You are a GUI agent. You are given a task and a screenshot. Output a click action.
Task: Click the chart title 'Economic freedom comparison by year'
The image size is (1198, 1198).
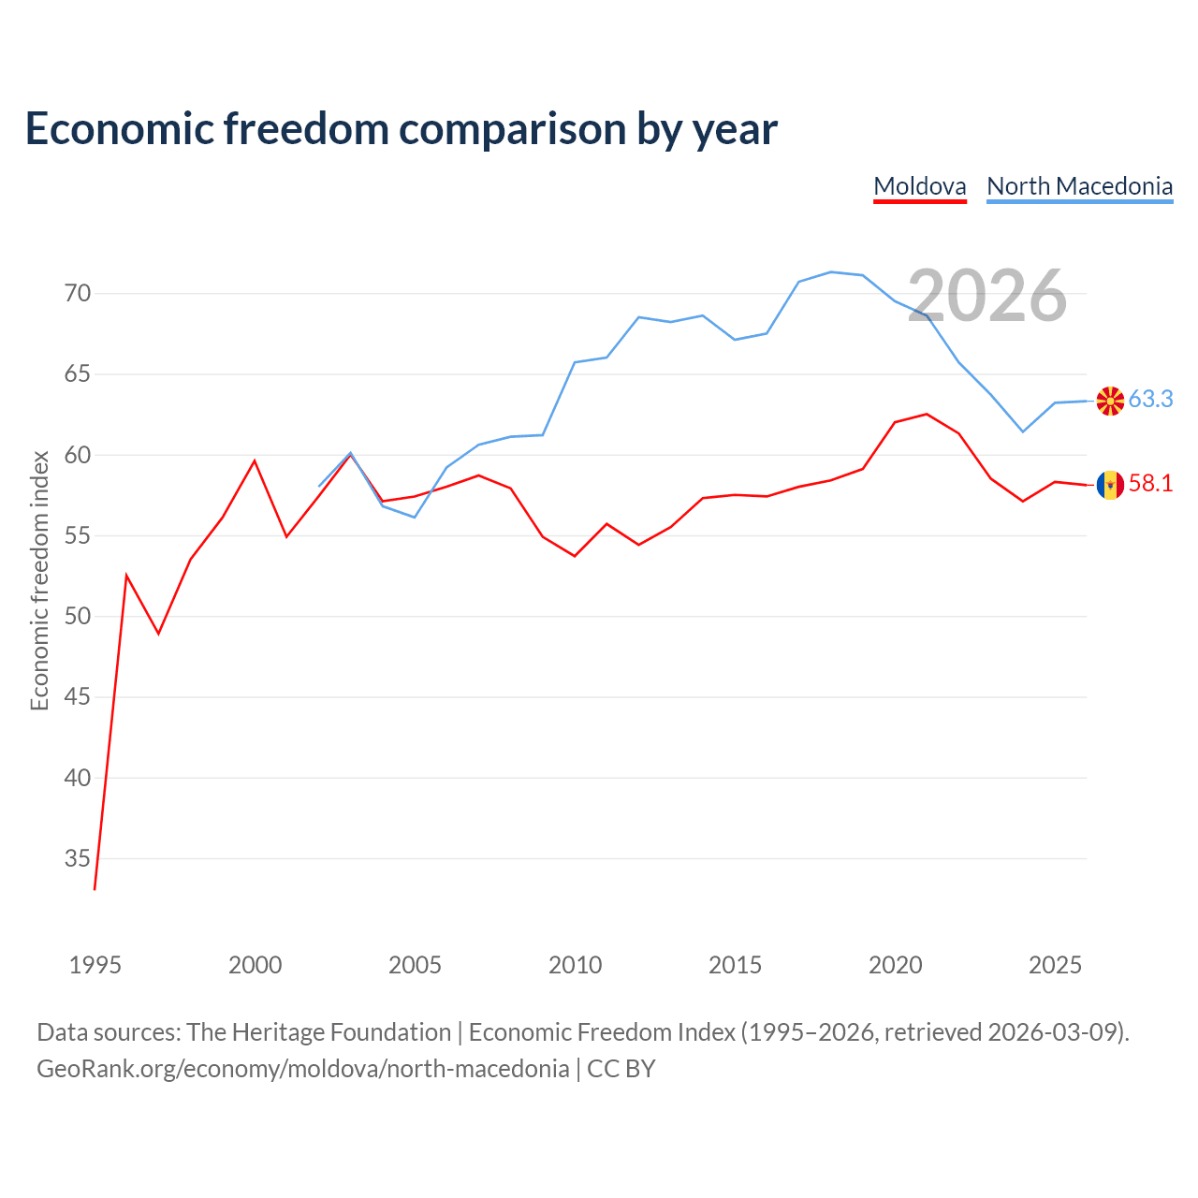tap(401, 129)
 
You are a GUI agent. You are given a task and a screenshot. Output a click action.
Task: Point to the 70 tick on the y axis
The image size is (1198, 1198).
tap(78, 293)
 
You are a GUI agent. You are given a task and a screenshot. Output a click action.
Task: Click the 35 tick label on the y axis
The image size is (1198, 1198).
tap(78, 858)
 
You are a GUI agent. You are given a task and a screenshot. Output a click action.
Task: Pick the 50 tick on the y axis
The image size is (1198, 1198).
tap(78, 616)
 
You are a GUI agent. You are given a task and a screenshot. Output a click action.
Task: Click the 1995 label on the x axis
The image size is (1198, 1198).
tap(95, 965)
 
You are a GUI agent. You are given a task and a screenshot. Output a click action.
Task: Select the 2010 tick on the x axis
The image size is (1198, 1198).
tap(575, 965)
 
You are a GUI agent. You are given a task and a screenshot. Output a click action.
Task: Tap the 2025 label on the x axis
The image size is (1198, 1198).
tap(1055, 965)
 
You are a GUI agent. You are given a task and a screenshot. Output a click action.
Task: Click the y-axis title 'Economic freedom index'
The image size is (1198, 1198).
tap(40, 580)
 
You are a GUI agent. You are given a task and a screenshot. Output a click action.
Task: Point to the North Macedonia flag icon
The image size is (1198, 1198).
tap(1110, 401)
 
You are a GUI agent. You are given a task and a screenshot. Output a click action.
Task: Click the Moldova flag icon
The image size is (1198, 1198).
tap(1110, 485)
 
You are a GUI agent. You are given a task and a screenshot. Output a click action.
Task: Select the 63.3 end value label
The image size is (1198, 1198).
tap(1151, 399)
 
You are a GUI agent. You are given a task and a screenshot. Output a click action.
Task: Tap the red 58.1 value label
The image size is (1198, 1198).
tap(1151, 483)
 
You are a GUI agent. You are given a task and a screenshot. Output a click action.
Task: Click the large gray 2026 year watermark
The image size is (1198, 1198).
tap(987, 296)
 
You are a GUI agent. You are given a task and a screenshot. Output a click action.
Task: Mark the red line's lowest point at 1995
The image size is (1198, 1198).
tap(95, 890)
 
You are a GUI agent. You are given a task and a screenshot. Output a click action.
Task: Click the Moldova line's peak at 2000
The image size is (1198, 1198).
tap(255, 460)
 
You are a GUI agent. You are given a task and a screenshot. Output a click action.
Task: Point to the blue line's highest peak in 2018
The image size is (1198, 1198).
tap(830, 271)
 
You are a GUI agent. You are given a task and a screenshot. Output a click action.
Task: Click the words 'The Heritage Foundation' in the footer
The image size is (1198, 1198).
tap(319, 1032)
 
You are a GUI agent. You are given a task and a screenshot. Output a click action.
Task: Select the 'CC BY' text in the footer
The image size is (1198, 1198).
tap(621, 1070)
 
